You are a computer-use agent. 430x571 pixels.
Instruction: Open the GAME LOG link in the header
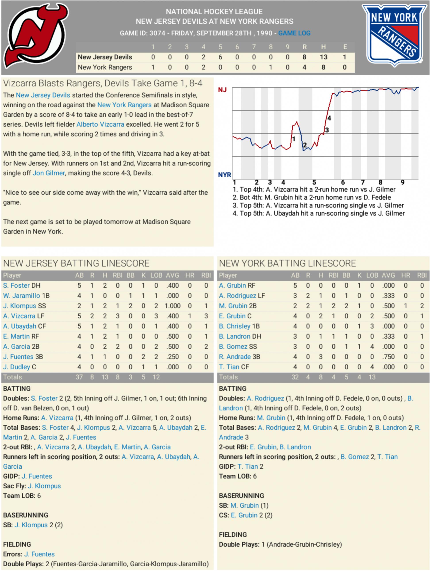pos(294,33)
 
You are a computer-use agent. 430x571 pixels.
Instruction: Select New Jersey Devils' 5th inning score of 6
pos(220,57)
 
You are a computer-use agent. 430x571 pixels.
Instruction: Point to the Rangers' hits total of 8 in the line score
pos(323,67)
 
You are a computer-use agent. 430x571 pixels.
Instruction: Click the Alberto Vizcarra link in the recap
pos(100,124)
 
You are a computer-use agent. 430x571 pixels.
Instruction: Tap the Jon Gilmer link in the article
pos(48,173)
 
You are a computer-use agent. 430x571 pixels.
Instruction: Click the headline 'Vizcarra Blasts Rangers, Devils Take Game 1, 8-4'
pos(103,83)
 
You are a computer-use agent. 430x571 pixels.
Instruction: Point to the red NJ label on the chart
pos(222,90)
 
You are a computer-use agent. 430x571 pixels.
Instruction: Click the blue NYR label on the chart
pos(224,175)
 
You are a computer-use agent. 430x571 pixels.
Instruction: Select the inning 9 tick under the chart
pos(402,182)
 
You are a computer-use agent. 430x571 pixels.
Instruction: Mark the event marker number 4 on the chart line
pos(329,118)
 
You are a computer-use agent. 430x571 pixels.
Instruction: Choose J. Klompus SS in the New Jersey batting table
pos(25,306)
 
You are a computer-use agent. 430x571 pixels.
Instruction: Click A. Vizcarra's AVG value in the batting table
pos(172,316)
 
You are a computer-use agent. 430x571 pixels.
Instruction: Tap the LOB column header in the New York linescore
pos(372,275)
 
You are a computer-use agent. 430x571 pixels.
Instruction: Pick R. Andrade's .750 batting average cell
pos(388,357)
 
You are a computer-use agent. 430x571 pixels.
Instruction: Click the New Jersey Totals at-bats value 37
pos(79,377)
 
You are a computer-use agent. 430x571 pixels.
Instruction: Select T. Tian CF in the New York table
pos(234,367)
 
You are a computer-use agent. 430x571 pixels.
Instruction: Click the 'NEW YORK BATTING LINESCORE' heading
pos(287,263)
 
